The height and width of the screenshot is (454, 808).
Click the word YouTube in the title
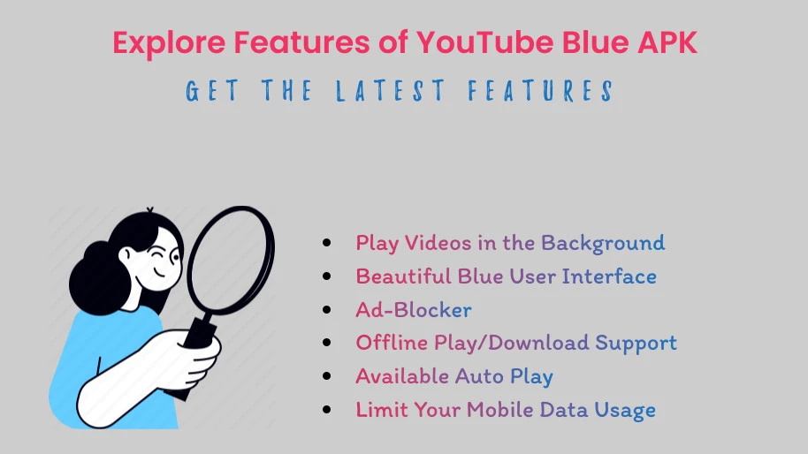484,42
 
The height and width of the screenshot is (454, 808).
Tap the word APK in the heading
667,42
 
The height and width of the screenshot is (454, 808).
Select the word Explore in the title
169,43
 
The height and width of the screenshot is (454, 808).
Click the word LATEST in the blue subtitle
391,91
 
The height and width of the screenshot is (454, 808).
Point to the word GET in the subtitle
212,91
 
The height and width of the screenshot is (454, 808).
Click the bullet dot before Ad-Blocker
327,309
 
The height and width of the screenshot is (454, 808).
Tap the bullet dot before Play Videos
327,242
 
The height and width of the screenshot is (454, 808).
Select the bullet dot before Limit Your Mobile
327,410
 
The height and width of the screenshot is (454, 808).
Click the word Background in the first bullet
603,244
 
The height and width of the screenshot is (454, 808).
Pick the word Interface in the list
609,276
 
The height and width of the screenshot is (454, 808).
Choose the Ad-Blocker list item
414,310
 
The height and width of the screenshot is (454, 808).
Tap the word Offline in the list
392,343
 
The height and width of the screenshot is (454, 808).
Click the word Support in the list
636,344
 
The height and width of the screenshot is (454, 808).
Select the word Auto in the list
479,376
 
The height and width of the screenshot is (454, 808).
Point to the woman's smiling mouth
160,273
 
